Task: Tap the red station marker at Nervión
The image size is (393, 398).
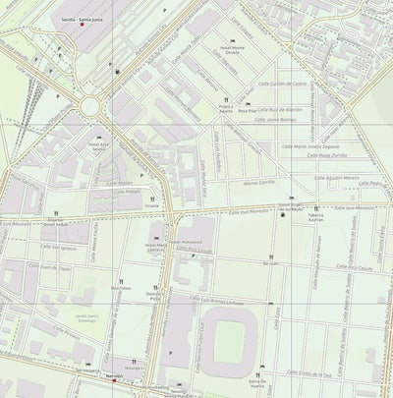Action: tap(114, 380)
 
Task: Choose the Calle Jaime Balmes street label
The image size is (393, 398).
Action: tap(275, 121)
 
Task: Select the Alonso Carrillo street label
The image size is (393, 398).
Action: tap(258, 182)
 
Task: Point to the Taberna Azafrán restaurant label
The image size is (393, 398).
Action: tap(315, 218)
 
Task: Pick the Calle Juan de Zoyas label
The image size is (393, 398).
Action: tap(54, 267)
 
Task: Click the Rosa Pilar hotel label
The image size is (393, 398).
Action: tap(246, 111)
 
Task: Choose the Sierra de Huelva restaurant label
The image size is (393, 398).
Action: tap(257, 384)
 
